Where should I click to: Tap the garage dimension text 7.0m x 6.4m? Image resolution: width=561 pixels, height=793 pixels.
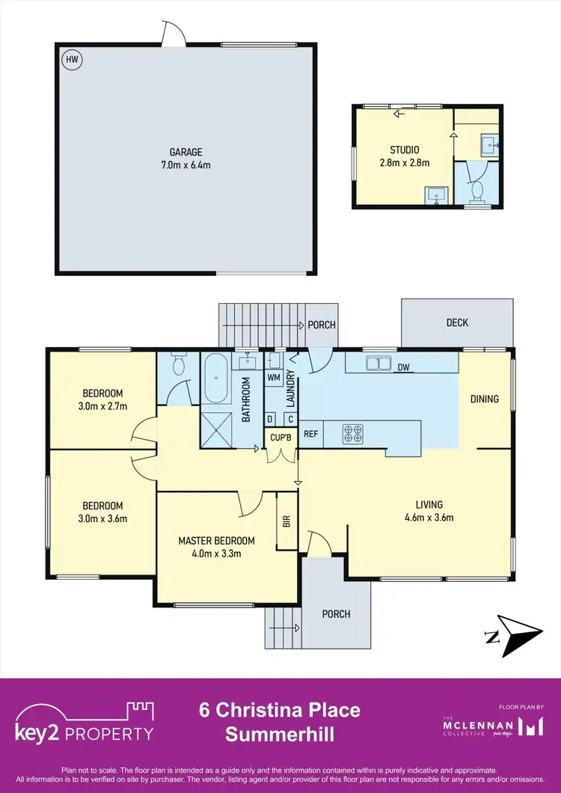[185, 165]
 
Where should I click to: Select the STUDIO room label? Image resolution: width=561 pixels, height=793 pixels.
[405, 150]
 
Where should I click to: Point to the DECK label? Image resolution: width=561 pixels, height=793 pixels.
[457, 322]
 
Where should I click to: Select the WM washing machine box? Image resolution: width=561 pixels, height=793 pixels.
[274, 378]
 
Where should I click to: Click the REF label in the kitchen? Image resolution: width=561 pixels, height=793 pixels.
[311, 433]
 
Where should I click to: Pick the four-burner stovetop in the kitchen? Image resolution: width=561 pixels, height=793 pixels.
[352, 433]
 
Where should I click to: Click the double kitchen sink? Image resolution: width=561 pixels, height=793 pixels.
[379, 364]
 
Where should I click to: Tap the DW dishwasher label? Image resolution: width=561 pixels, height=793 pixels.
[404, 367]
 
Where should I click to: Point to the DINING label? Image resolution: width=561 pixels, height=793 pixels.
[484, 399]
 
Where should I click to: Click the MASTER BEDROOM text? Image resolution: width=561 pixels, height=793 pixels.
[216, 541]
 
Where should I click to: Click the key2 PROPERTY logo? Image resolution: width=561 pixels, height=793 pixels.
[85, 722]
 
